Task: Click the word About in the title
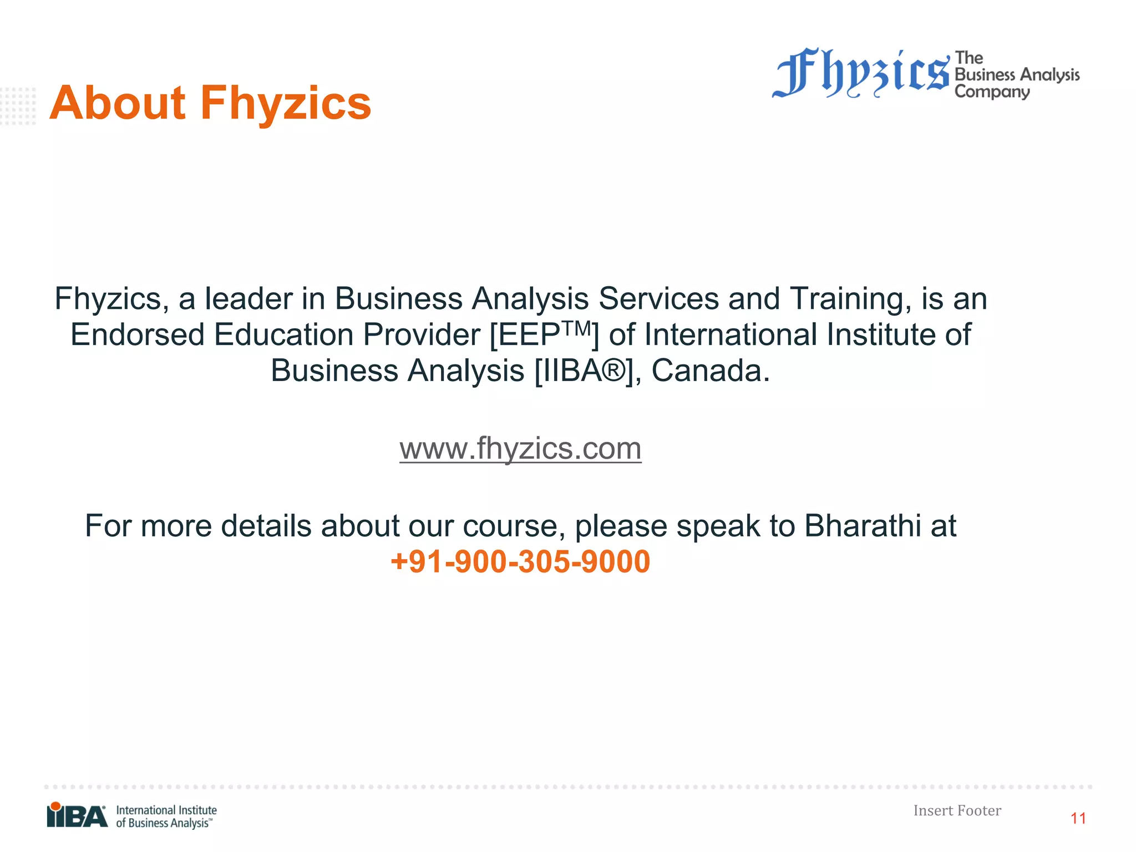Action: [117, 103]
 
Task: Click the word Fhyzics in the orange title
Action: [286, 103]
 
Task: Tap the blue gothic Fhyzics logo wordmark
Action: [861, 74]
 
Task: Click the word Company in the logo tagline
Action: [992, 92]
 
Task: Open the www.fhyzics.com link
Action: [520, 448]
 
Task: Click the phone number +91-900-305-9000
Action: [520, 561]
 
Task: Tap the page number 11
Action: [1078, 818]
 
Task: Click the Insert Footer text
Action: [957, 810]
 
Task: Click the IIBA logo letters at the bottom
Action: [78, 816]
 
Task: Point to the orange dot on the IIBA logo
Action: [55, 806]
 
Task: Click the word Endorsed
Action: [138, 335]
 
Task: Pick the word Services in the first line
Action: [658, 299]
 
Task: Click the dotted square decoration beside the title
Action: [18, 106]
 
